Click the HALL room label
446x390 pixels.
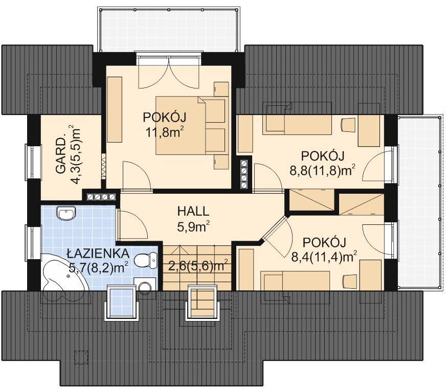point(193,211)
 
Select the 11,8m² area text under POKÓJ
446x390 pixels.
point(165,132)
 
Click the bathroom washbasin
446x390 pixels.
point(66,213)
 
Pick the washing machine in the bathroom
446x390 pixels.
point(145,285)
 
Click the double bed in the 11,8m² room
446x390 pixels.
point(192,125)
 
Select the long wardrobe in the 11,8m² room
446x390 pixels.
point(115,109)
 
